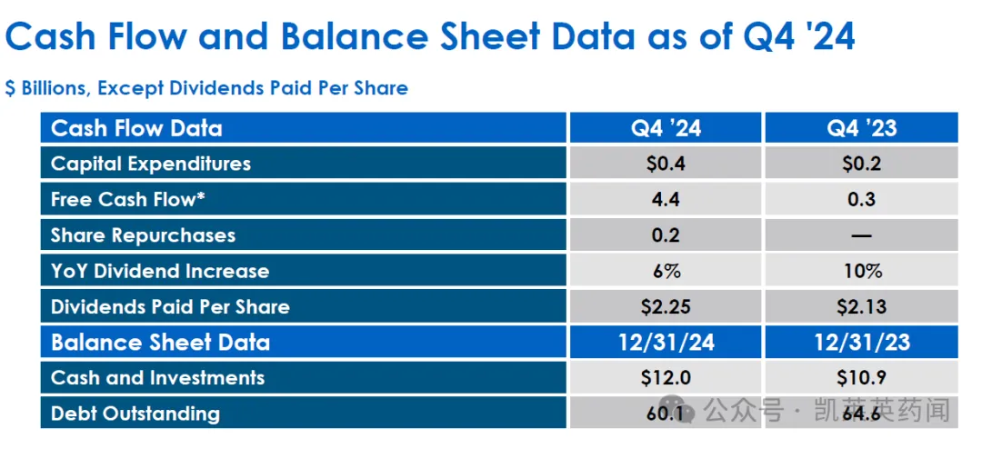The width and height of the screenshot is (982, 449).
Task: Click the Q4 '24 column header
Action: pos(666,128)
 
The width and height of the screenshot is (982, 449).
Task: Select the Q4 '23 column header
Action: pos(861,128)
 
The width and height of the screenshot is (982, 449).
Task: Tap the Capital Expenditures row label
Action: pos(151,164)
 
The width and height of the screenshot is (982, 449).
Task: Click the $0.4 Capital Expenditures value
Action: pos(666,164)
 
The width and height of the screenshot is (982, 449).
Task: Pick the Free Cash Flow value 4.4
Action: pos(666,199)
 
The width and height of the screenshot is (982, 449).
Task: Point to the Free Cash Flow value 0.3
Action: pos(861,199)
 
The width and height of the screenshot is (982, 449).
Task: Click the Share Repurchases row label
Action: pos(143,235)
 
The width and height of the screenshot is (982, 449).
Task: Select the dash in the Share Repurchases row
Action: pos(861,235)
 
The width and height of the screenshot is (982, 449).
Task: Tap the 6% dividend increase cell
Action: pos(666,271)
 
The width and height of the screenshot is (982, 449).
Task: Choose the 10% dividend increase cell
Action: pos(861,271)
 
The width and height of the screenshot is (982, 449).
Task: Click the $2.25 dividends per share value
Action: pos(666,306)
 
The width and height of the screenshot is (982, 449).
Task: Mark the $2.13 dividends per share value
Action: pos(861,306)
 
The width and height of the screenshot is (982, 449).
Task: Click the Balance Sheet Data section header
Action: pos(160,343)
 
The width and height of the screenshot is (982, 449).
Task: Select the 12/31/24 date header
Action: pos(666,343)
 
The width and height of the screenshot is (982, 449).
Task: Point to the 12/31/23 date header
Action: pos(861,343)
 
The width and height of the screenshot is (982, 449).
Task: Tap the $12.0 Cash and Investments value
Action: pos(666,378)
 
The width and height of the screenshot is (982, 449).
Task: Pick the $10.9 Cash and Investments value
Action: pos(861,378)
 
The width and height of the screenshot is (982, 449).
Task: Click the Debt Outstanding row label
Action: pos(135,414)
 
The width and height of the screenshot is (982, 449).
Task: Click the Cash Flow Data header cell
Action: pos(136,128)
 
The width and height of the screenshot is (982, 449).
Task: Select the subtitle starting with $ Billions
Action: pos(206,88)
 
